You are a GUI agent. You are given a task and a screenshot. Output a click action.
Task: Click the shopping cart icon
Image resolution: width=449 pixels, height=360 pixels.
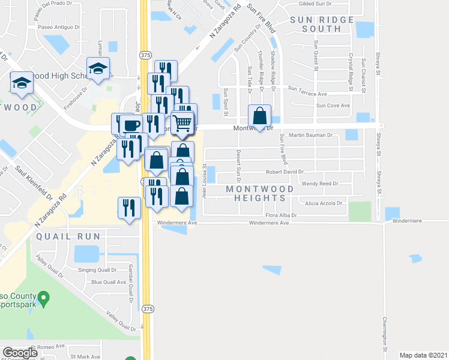(x=183, y=124)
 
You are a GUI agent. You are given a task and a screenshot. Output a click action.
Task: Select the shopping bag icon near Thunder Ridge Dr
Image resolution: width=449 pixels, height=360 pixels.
(x=259, y=115)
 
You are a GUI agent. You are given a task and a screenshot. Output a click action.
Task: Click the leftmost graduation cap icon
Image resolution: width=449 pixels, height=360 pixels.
(x=22, y=83)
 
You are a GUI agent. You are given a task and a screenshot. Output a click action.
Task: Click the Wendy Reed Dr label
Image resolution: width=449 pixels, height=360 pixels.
(x=320, y=184)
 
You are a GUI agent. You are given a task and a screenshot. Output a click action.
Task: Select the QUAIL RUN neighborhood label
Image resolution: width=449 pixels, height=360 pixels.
(x=68, y=236)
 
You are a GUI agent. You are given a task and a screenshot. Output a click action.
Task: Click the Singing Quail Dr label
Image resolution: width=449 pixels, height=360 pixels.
(x=91, y=271)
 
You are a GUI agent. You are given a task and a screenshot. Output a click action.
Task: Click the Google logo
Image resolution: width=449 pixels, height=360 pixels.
(x=20, y=353)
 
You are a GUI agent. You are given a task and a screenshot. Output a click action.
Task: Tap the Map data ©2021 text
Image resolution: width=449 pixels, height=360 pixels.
(x=423, y=355)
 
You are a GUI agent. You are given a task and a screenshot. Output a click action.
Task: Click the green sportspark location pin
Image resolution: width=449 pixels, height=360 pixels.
(x=43, y=298)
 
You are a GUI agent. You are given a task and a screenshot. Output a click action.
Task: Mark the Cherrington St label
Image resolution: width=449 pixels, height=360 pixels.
(x=385, y=334)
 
